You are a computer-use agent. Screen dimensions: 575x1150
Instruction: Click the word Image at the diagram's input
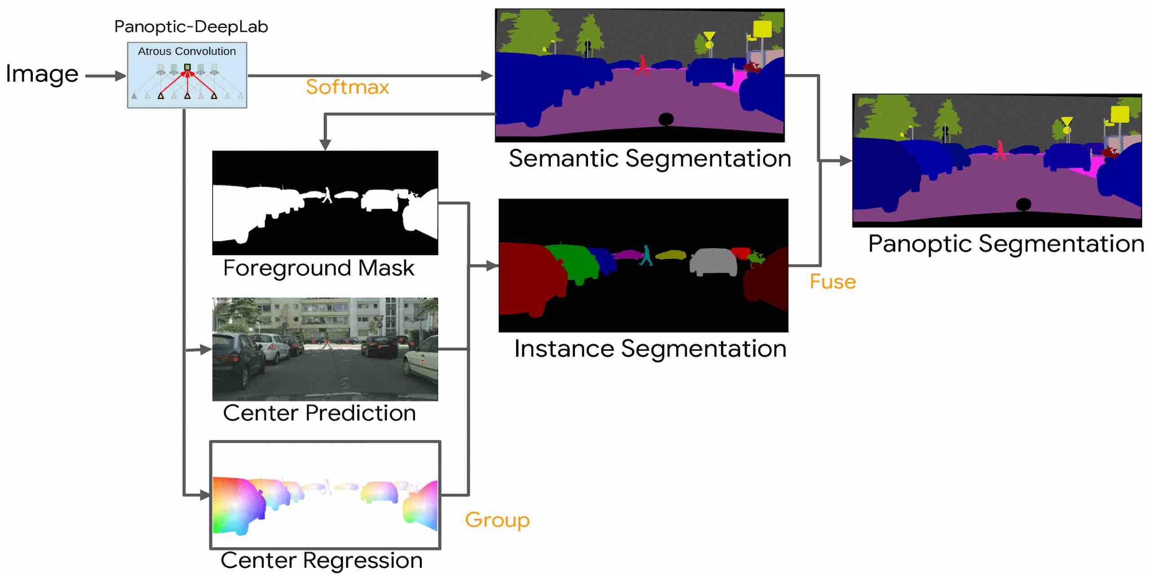[x=42, y=74]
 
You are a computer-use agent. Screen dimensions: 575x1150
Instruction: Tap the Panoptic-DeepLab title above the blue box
[x=191, y=27]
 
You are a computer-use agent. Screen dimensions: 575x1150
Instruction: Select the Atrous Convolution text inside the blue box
[x=186, y=51]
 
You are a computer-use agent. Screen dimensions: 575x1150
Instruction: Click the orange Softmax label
[x=347, y=87]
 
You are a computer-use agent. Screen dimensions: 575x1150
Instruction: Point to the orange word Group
[x=497, y=520]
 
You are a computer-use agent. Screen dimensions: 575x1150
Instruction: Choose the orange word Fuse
[x=832, y=282]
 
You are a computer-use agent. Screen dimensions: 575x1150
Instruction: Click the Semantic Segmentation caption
[x=650, y=159]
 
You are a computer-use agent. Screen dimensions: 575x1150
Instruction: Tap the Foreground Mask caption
[x=318, y=268]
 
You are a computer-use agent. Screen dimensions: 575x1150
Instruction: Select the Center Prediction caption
[x=319, y=413]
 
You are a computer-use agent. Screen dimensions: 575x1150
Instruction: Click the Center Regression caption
[x=321, y=560]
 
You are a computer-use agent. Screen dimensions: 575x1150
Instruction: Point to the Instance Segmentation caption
[x=650, y=349]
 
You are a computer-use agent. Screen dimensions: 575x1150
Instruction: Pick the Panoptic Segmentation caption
[x=1006, y=244]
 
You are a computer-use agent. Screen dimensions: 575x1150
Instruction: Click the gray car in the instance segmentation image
[x=713, y=261]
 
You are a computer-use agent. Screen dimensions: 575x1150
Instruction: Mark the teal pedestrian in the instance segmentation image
[x=646, y=255]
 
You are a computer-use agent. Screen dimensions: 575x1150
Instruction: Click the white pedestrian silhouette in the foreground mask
[x=327, y=195]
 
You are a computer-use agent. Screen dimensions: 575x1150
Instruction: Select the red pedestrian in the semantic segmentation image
[x=643, y=65]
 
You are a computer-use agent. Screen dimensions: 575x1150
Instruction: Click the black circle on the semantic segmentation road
[x=666, y=119]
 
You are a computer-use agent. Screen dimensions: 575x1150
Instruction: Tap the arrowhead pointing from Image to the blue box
[x=120, y=76]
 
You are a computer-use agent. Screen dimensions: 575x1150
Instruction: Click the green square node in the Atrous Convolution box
[x=187, y=67]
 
